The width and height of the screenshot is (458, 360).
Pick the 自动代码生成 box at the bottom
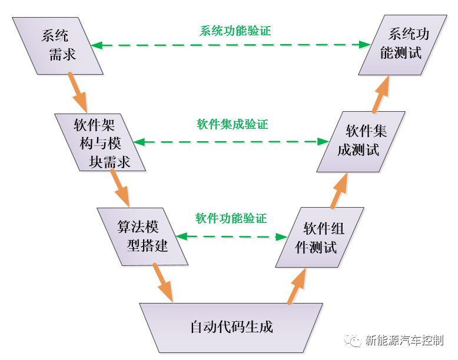231,327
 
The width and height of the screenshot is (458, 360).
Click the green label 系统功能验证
235,31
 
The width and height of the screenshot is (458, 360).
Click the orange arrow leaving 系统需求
78,91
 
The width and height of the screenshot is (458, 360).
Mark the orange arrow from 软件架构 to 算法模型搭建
121,188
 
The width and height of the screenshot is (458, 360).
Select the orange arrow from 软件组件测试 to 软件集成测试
339,190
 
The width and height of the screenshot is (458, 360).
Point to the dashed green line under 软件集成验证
231,142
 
